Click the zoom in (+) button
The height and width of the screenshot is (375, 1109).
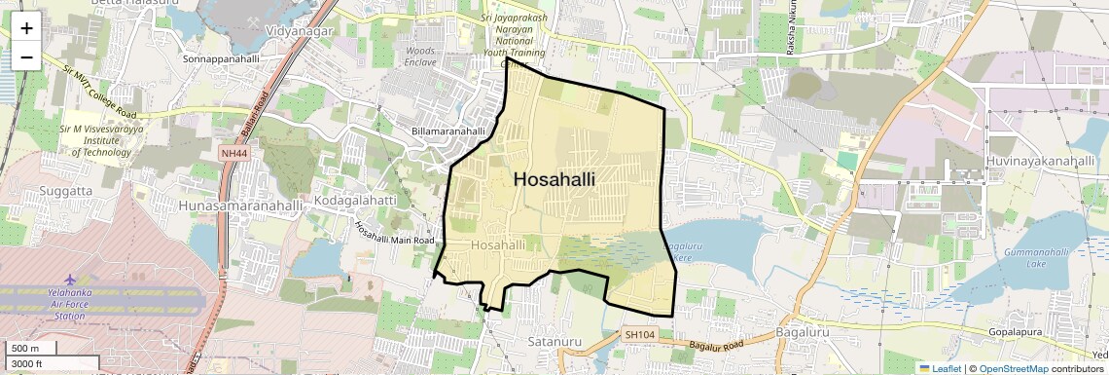[26, 28]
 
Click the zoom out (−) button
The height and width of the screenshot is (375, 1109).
[26, 56]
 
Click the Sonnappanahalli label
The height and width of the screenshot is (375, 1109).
[221, 58]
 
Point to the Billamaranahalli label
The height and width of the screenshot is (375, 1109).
[447, 131]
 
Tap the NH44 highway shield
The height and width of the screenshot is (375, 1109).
[233, 154]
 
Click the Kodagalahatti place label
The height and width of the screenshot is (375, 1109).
[355, 201]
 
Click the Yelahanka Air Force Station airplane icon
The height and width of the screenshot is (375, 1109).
[71, 281]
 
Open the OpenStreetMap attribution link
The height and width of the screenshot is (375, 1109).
[1013, 368]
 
